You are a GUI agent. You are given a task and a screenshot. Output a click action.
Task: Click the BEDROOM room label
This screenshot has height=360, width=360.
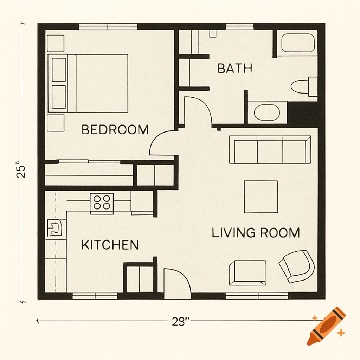tap(115, 129)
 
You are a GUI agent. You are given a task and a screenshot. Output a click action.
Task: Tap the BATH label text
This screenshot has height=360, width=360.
tap(234, 68)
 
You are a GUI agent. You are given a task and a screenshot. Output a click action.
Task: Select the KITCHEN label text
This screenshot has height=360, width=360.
tap(110, 245)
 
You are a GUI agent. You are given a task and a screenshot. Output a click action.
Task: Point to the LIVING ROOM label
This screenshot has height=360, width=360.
tap(256, 233)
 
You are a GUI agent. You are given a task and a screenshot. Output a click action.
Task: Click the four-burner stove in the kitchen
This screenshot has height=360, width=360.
tap(102, 202)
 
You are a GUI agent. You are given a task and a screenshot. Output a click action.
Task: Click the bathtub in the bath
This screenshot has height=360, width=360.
tap(297, 43)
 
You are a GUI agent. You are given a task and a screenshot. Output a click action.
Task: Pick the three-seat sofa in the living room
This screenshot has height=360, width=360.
tap(270, 150)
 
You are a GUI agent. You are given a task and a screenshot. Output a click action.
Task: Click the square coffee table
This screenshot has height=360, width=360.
tap(261, 197)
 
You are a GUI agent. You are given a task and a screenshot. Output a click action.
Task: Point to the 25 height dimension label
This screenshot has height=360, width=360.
tap(22, 169)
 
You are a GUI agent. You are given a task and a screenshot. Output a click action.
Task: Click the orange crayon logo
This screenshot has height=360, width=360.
tap(326, 326)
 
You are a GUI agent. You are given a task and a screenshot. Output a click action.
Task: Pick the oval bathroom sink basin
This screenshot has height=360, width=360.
tap(267, 112)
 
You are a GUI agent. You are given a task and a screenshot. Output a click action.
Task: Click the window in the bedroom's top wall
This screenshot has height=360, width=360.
tap(108, 26)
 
